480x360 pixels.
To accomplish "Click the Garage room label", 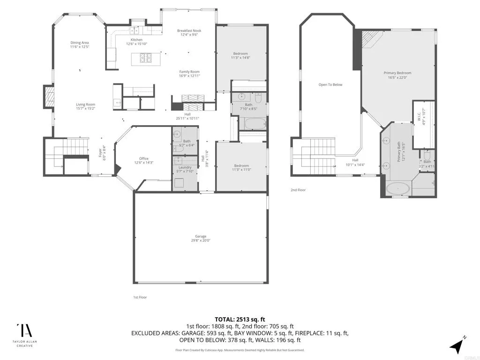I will click(x=201, y=236).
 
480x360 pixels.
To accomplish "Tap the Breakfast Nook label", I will click(x=189, y=30).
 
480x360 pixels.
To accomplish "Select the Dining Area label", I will click(x=80, y=43).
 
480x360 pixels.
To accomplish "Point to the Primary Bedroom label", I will click(x=397, y=73).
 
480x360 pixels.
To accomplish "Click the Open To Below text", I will click(x=330, y=85).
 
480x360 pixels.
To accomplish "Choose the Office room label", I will click(x=143, y=158).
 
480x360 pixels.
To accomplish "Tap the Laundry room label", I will click(x=185, y=167).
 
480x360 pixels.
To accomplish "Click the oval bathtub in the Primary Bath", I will click(x=398, y=189).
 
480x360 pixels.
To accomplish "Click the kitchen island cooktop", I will click(x=145, y=58).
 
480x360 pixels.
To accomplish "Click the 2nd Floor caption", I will click(x=298, y=190).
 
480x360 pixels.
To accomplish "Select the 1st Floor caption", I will click(x=140, y=297).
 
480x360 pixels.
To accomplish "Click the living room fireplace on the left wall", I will click(x=49, y=97).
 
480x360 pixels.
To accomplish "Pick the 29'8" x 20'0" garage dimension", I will click(x=201, y=240).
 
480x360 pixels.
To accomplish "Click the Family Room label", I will click(x=189, y=72).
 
